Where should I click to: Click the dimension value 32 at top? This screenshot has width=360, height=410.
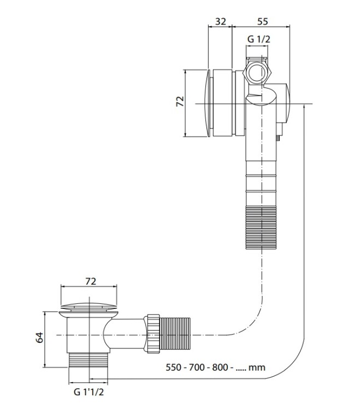tap(221, 21)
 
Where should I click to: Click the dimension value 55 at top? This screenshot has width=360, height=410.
tap(262, 21)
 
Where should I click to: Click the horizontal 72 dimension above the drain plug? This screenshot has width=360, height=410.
tap(91, 282)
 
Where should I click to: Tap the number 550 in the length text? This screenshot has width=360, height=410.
tap(176, 367)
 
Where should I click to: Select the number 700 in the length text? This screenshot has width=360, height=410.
tap(198, 367)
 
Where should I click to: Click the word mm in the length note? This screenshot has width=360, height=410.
tap(257, 367)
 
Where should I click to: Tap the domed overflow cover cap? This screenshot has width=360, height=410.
tap(206, 103)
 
